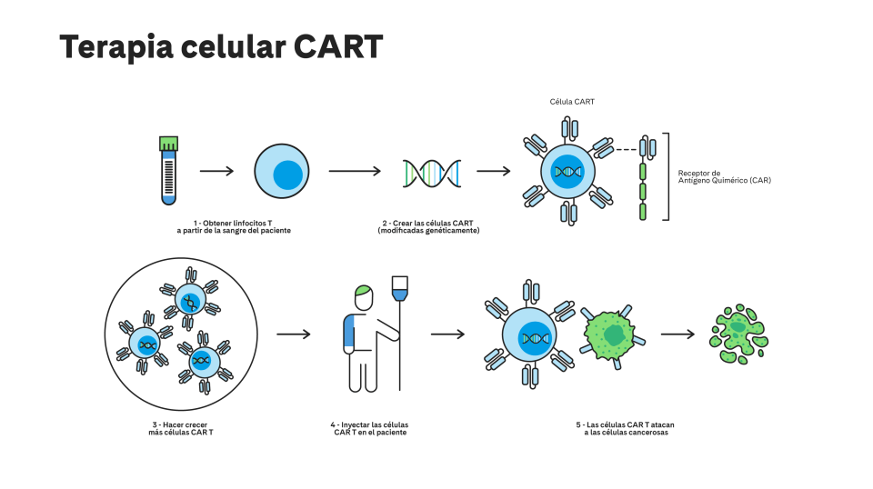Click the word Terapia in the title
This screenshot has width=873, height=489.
click(116, 46)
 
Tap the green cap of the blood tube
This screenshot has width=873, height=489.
click(169, 144)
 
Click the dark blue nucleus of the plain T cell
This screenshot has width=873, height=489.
click(288, 175)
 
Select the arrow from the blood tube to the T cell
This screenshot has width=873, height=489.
click(216, 171)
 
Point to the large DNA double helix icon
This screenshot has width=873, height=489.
click(432, 173)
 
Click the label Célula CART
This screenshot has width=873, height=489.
click(572, 102)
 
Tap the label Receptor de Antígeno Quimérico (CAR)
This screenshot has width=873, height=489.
click(725, 177)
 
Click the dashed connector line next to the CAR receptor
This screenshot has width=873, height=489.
click(626, 150)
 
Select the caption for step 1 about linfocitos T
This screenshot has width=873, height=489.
click(234, 227)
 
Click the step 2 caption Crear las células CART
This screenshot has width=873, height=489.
click(428, 227)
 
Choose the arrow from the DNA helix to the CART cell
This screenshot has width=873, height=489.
click(493, 171)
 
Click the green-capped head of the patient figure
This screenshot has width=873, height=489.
click(364, 297)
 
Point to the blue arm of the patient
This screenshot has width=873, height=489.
click(349, 334)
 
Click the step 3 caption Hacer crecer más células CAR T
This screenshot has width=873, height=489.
click(180, 428)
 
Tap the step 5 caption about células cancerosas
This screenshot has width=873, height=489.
click(626, 428)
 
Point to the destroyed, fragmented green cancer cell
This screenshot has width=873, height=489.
click(738, 334)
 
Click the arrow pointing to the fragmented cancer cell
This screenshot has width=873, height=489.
click(677, 334)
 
